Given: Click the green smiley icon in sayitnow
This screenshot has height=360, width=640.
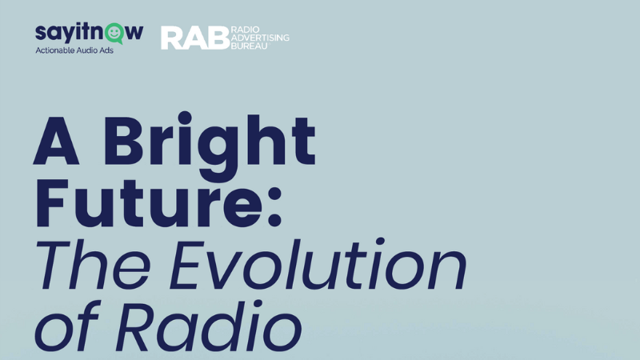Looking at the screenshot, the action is pyautogui.click(x=114, y=34).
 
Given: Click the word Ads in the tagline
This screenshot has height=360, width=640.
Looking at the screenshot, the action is pyautogui.click(x=106, y=50).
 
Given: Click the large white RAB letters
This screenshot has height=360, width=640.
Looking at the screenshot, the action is pyautogui.click(x=195, y=38).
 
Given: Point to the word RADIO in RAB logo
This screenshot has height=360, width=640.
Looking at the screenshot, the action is pyautogui.click(x=246, y=30).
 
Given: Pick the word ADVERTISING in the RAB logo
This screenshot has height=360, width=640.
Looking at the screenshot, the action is pyautogui.click(x=260, y=38).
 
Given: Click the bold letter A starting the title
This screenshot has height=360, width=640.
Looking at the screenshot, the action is pyautogui.click(x=56, y=142).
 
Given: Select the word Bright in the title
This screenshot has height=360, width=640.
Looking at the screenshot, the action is pyautogui.click(x=209, y=146).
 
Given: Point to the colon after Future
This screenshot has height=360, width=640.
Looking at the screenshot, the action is pyautogui.click(x=274, y=206).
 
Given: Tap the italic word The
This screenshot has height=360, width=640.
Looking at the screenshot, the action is pyautogui.click(x=93, y=265).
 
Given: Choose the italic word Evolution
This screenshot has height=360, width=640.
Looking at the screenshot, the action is pyautogui.click(x=319, y=263).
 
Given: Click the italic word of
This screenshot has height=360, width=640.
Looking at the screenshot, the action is pyautogui.click(x=67, y=326).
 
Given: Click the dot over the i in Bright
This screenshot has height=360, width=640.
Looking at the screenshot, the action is pyautogui.click(x=185, y=118).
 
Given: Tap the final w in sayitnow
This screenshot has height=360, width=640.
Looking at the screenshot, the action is pyautogui.click(x=134, y=33).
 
